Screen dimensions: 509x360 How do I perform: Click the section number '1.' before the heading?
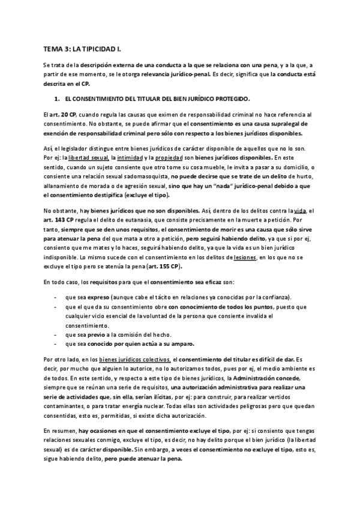[57, 98]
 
